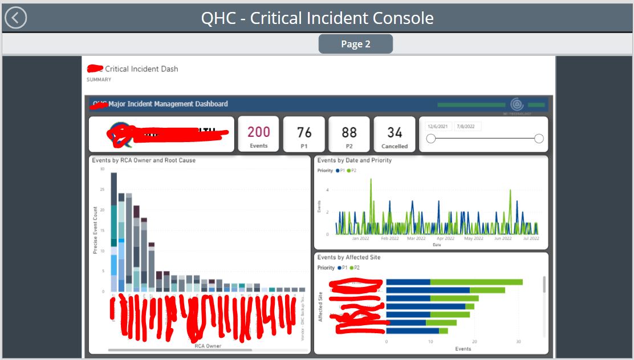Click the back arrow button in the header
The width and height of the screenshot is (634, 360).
click(15, 18)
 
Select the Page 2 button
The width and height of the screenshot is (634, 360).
click(355, 44)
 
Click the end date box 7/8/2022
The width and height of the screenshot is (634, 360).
click(468, 126)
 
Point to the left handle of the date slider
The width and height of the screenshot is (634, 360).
click(431, 139)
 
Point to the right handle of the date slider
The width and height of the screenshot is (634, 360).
click(539, 139)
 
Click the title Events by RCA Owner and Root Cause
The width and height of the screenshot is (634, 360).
click(144, 160)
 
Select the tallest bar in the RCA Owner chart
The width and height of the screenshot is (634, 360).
click(113, 231)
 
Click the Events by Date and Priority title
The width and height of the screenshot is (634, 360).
click(354, 160)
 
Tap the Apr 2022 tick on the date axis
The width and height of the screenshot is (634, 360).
click(445, 238)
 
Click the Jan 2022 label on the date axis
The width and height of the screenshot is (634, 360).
click(360, 238)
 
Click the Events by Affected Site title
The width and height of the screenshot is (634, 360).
click(348, 257)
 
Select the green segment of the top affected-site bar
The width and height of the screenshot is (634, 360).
click(476, 282)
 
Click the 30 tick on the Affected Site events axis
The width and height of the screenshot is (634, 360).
click(518, 342)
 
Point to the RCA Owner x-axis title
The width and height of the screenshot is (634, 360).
click(208, 346)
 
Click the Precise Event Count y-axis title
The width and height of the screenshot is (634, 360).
click(95, 230)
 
